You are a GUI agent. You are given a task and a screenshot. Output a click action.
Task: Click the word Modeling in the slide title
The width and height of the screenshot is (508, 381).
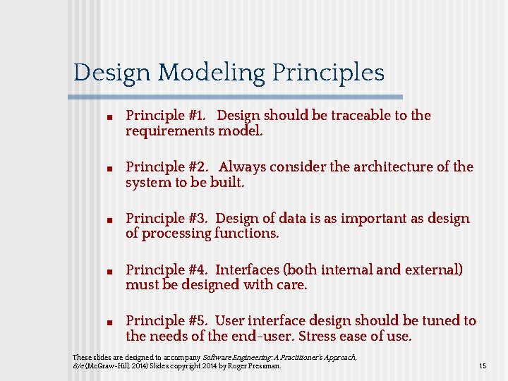pos(212,73)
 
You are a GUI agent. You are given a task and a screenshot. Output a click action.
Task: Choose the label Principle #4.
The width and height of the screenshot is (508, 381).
pos(165,270)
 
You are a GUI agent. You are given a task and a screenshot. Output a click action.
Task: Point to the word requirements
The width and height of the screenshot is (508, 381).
pos(170,131)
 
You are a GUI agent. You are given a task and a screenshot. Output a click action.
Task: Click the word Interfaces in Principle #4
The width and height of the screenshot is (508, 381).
pos(247,270)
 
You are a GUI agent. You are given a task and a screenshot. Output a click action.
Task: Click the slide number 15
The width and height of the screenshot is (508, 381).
pos(483,366)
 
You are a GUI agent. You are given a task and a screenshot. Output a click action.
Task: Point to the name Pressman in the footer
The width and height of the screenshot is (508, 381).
pos(266,366)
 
